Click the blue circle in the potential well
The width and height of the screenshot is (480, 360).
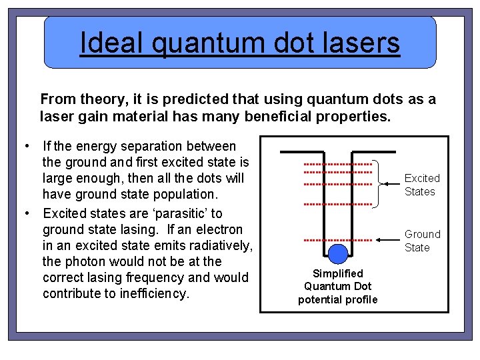tap(339, 253)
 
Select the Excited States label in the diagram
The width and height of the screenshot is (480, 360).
tap(422, 185)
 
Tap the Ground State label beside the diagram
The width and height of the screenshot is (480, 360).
tap(422, 241)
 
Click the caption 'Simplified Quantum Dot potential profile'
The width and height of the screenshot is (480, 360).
tap(337, 286)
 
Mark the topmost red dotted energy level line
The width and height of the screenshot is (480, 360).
tap(337, 164)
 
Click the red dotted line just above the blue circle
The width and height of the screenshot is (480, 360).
tap(337, 239)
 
